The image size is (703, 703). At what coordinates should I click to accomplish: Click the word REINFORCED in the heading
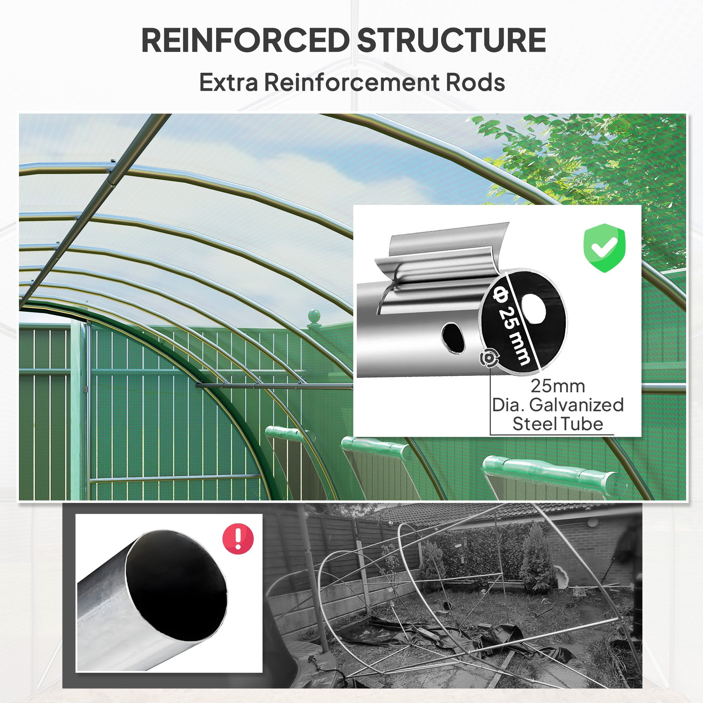(245, 40)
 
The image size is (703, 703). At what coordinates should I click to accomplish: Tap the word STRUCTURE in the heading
(451, 40)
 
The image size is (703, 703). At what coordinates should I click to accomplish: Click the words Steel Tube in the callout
(557, 424)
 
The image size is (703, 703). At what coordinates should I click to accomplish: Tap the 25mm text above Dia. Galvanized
(557, 386)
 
